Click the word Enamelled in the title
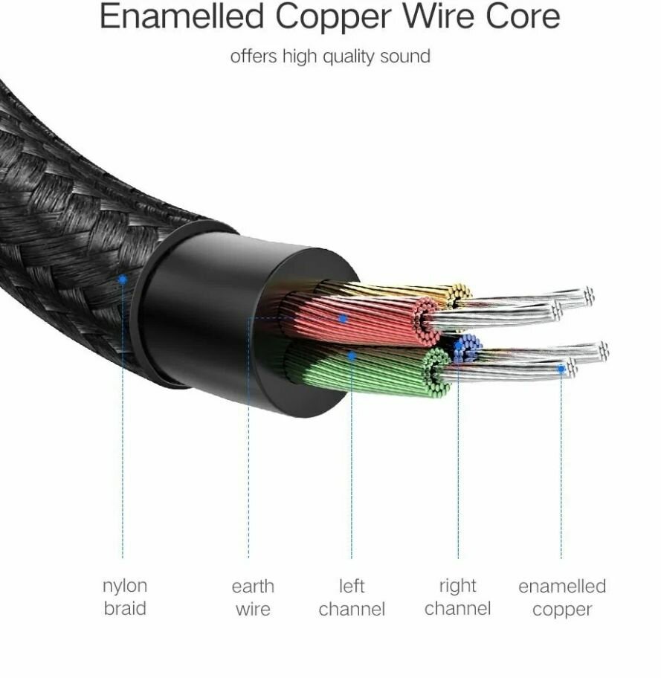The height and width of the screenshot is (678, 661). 181,16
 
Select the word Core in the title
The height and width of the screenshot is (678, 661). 523,16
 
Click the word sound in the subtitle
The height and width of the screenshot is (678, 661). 405,56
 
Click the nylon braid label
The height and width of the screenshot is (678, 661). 125,597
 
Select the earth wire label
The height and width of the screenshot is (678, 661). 253,598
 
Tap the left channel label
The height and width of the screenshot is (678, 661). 352,598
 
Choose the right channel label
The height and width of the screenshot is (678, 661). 458,597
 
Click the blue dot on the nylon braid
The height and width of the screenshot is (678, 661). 123,280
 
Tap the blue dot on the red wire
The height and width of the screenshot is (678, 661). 343,319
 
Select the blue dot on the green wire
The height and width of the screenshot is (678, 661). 352,356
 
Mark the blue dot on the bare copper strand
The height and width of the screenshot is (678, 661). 561,369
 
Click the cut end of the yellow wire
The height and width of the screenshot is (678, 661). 460,295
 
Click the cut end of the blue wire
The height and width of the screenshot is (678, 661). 468,348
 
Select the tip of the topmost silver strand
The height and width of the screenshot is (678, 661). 589,296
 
